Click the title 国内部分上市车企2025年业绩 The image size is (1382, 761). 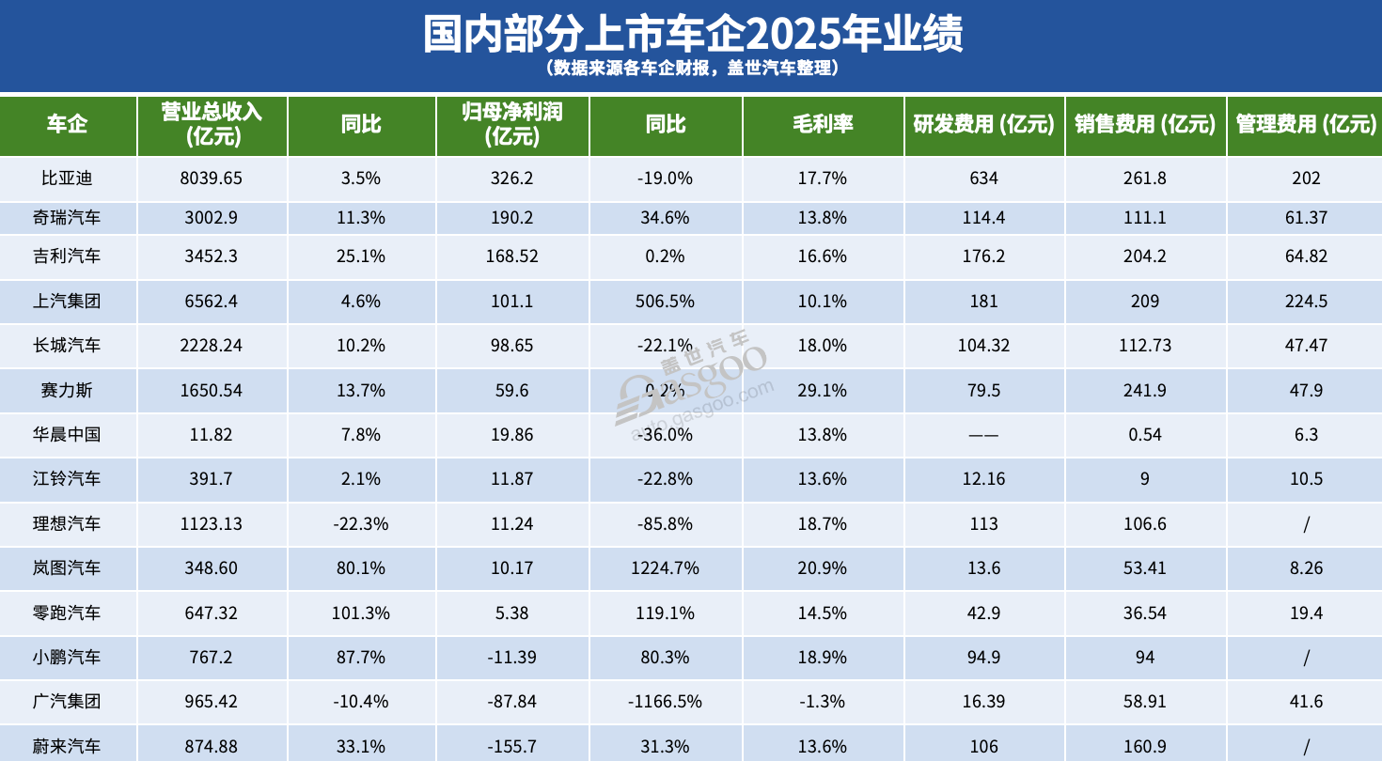[x=691, y=35]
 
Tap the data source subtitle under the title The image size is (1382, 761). [x=691, y=70]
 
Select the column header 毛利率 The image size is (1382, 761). [x=823, y=125]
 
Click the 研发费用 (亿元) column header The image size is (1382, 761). [x=983, y=125]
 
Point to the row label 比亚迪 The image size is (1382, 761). [x=68, y=179]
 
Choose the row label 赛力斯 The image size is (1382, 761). [x=68, y=390]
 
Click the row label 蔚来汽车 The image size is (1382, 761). [x=68, y=747]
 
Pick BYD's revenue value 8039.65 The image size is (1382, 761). [x=212, y=179]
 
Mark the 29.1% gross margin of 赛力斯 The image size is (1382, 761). [x=824, y=390]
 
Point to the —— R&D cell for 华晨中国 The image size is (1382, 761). [x=983, y=435]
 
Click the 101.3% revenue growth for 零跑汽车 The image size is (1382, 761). [x=360, y=613]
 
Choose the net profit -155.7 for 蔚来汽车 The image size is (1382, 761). [x=511, y=747]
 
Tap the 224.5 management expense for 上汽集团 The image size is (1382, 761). [x=1306, y=302]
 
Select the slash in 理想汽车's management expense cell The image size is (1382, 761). [x=1306, y=524]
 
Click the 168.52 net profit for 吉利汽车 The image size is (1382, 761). [x=511, y=256]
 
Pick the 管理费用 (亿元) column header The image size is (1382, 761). [x=1306, y=125]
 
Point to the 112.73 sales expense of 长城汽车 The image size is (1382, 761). [x=1144, y=346]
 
